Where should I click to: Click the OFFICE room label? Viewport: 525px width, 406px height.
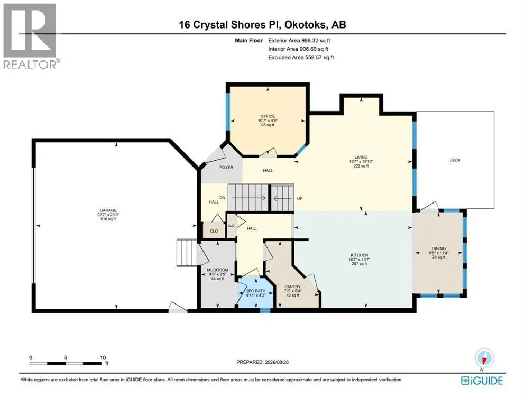(x=268, y=116)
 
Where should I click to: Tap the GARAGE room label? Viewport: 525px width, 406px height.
(x=108, y=210)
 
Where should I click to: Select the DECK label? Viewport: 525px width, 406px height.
(x=455, y=160)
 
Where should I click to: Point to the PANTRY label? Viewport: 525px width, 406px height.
(x=292, y=287)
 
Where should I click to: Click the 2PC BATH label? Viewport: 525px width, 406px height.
(x=256, y=291)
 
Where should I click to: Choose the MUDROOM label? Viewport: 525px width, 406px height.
(x=218, y=270)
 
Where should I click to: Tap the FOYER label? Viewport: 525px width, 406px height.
(x=226, y=168)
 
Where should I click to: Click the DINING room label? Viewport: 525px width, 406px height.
(x=439, y=248)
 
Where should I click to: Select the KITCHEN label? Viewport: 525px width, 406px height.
(x=360, y=255)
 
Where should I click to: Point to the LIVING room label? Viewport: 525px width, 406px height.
(x=361, y=157)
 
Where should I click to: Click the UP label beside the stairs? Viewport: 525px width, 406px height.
(x=300, y=198)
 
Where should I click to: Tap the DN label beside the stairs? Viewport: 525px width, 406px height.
(x=223, y=198)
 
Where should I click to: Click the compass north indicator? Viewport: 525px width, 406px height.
(x=484, y=358)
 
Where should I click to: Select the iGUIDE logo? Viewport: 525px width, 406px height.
(x=482, y=381)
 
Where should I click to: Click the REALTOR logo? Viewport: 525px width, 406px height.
(x=31, y=36)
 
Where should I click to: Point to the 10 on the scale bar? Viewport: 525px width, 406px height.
(x=103, y=358)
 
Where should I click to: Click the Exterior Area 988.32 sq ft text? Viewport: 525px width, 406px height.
(x=299, y=41)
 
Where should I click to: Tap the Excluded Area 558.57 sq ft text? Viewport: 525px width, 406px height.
(x=301, y=57)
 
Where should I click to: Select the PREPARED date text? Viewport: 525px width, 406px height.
(x=262, y=362)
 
